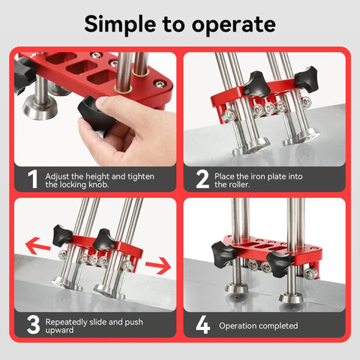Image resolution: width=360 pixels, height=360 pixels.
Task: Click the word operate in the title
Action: [233, 25]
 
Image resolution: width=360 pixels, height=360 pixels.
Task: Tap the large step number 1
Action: [32, 178]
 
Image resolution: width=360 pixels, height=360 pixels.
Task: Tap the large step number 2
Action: [202, 178]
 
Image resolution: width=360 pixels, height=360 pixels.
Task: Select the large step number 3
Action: [32, 324]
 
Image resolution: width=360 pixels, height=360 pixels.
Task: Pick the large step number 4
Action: [202, 325]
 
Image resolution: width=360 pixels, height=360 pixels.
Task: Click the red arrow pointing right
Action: [157, 265]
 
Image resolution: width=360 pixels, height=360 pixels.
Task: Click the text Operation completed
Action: [258, 325]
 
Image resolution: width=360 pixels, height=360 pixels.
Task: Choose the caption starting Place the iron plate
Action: [259, 179]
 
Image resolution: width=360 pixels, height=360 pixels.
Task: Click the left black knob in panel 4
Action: [226, 250]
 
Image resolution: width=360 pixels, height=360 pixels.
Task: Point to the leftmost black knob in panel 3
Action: [62, 235]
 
